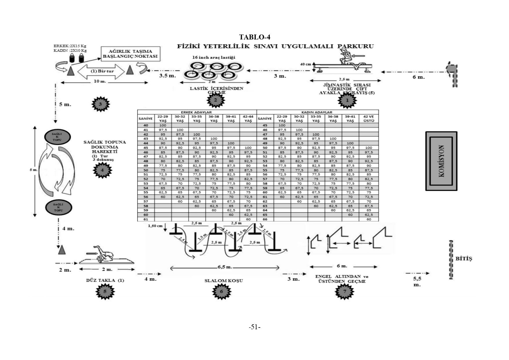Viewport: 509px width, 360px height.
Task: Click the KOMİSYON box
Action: [x=441, y=161]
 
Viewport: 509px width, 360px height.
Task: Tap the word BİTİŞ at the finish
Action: [x=464, y=258]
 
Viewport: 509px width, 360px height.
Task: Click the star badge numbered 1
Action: [x=347, y=101]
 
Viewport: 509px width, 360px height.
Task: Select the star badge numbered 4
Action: [x=102, y=170]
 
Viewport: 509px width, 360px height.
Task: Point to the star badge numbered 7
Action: [x=345, y=291]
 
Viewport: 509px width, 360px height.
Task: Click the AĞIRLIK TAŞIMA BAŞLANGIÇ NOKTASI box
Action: [x=130, y=54]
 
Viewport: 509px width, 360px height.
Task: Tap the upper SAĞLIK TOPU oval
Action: [x=57, y=137]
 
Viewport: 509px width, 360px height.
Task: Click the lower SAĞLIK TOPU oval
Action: [x=58, y=207]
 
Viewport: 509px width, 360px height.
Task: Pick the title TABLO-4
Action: [x=255, y=37]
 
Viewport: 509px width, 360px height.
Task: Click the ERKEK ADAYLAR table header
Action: [x=196, y=112]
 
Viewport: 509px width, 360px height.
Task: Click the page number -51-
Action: [x=254, y=327]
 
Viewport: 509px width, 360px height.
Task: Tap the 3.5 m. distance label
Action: [x=167, y=76]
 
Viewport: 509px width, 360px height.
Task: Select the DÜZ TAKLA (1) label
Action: [x=105, y=280]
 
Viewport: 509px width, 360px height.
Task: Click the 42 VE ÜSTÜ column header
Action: [x=368, y=119]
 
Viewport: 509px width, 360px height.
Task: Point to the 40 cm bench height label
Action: [x=305, y=64]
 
